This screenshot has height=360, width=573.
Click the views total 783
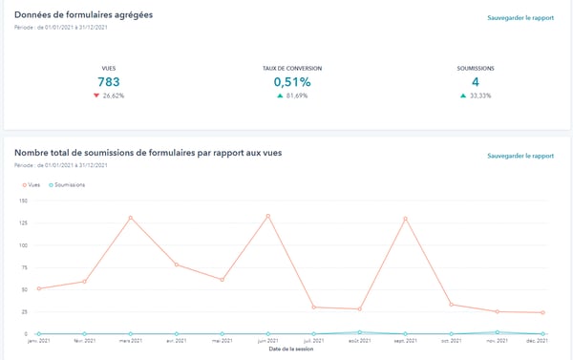pyautogui.click(x=108, y=82)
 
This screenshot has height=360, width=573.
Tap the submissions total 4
pyautogui.click(x=476, y=82)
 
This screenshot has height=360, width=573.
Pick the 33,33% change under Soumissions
pyautogui.click(x=480, y=96)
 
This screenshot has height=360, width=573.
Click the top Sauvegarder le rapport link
pyautogui.click(x=520, y=18)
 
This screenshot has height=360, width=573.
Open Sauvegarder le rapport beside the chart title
pyautogui.click(x=520, y=156)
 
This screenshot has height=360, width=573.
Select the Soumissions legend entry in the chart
pyautogui.click(x=67, y=184)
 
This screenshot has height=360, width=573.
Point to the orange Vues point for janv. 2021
pyautogui.click(x=38, y=288)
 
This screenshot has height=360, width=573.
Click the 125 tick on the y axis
pyautogui.click(x=23, y=223)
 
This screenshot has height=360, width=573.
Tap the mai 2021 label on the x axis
pyautogui.click(x=222, y=340)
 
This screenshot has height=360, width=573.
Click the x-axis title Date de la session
pyautogui.click(x=290, y=349)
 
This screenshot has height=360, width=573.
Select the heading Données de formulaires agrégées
pyautogui.click(x=84, y=16)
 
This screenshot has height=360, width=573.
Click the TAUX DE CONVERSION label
pyautogui.click(x=292, y=69)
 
